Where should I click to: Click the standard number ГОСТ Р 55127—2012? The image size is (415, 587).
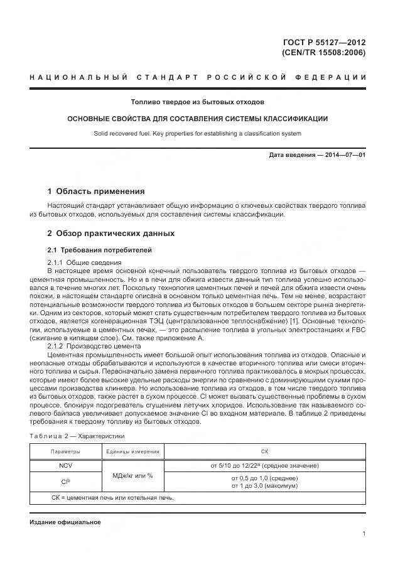[325, 43]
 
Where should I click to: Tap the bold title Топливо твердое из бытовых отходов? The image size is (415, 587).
[197, 102]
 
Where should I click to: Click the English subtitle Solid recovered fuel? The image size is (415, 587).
[197, 133]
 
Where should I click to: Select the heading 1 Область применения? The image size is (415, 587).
[96, 191]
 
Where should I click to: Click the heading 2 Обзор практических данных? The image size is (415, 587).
[111, 234]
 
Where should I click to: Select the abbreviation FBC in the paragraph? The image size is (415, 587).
[357, 330]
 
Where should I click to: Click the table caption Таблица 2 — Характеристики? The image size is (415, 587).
[77, 435]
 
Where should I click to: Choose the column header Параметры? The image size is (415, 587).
[65, 451]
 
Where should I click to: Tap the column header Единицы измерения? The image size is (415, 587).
[132, 451]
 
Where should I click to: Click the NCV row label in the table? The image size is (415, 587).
[65, 465]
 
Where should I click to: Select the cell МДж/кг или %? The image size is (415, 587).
[132, 475]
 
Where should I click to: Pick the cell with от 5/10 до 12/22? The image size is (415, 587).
[264, 465]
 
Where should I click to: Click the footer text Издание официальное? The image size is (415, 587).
[65, 522]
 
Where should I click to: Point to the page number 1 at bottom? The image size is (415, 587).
[364, 534]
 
